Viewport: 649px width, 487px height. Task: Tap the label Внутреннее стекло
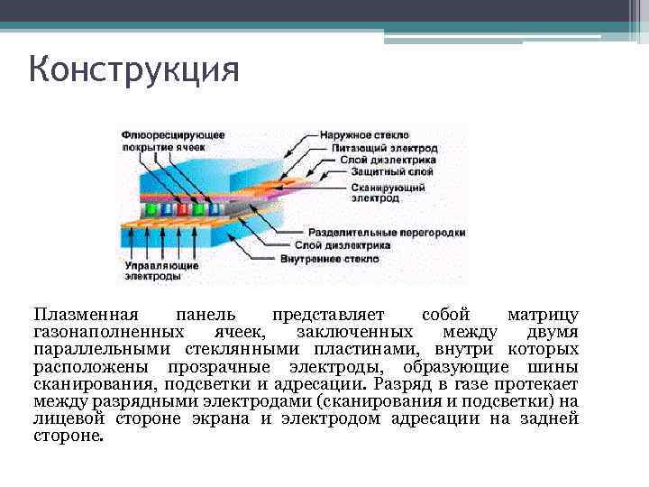pyautogui.click(x=377, y=257)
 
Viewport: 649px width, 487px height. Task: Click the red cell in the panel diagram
pyautogui.click(x=182, y=208)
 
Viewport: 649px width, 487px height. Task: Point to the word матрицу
pyautogui.click(x=543, y=315)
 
